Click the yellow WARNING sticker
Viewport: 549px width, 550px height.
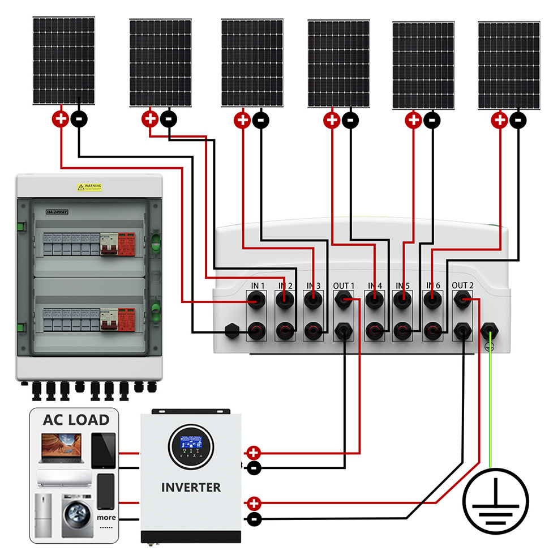click(x=89, y=187)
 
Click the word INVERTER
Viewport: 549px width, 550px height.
click(x=191, y=487)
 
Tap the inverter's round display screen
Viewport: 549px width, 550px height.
click(x=191, y=445)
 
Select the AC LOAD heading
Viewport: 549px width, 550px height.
click(x=76, y=420)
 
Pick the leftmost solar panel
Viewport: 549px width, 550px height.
click(x=63, y=60)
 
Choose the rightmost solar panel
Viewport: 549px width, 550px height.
click(x=509, y=65)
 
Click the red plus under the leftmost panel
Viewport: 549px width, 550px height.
click(x=61, y=119)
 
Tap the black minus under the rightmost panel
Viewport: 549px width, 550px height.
click(x=517, y=120)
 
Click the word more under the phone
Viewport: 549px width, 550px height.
click(x=106, y=517)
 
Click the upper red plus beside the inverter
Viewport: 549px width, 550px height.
click(x=254, y=453)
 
